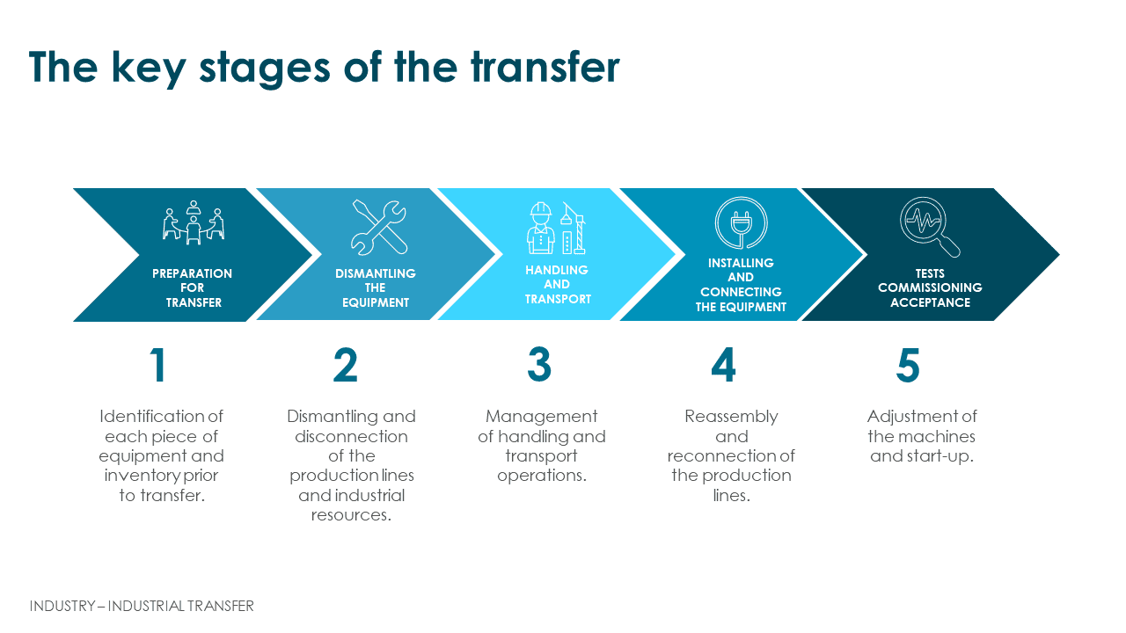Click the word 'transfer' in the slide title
coord(545,67)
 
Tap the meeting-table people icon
coord(194,222)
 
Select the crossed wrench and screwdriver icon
coord(378,228)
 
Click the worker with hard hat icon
coord(540,228)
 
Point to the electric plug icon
coord(741,222)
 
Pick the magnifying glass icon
coord(930,227)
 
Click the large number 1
coord(158,365)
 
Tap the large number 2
coord(346,365)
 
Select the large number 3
coord(539,365)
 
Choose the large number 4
coord(723,365)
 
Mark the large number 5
coord(908,365)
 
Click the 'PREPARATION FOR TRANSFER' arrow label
coord(193,287)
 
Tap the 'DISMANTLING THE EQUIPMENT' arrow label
coord(376,287)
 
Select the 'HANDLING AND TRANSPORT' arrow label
coord(558,284)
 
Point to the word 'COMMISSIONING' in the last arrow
coord(930,287)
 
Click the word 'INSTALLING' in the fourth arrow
coord(741,263)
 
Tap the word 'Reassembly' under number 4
coord(731,417)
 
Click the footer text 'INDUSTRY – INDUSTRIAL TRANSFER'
coord(142,606)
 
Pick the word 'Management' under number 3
coord(541,417)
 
